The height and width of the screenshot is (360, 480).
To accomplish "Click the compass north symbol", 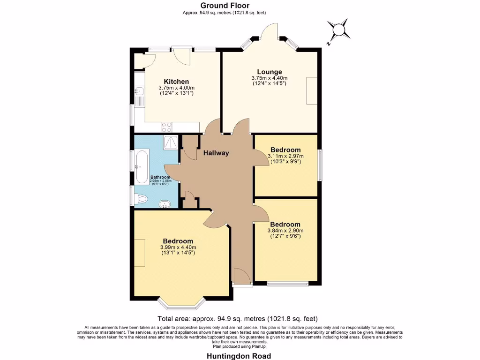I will point(338,30).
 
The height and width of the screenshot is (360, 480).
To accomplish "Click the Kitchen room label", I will point(176,82).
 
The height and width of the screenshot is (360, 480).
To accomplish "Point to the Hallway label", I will point(216,153).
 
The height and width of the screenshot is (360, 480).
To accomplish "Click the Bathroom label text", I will point(161,177).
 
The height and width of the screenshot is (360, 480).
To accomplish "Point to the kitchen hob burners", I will point(166,126).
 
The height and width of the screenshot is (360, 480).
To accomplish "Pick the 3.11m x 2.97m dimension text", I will point(285,156).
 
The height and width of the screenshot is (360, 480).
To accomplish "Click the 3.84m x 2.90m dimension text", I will point(285,230).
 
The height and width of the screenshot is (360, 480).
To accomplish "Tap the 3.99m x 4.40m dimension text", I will point(178,247).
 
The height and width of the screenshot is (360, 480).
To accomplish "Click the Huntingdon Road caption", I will point(239,356).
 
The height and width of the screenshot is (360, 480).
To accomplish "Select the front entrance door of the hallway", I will point(242,277).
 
